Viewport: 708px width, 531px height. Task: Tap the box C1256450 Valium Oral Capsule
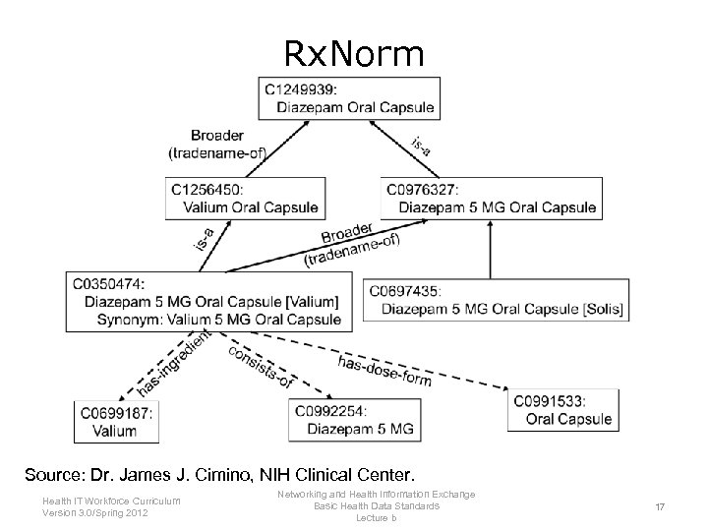pos(245,198)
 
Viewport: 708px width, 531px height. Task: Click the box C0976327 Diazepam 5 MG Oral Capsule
pos(491,198)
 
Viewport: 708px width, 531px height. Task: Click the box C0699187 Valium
pos(116,422)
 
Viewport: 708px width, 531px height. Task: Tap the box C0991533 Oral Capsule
pos(563,409)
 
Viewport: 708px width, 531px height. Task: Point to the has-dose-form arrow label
pos(384,371)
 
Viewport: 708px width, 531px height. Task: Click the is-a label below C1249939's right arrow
pos(421,146)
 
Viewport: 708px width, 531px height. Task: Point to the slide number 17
pos(660,507)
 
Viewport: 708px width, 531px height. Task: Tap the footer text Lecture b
pos(376,517)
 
